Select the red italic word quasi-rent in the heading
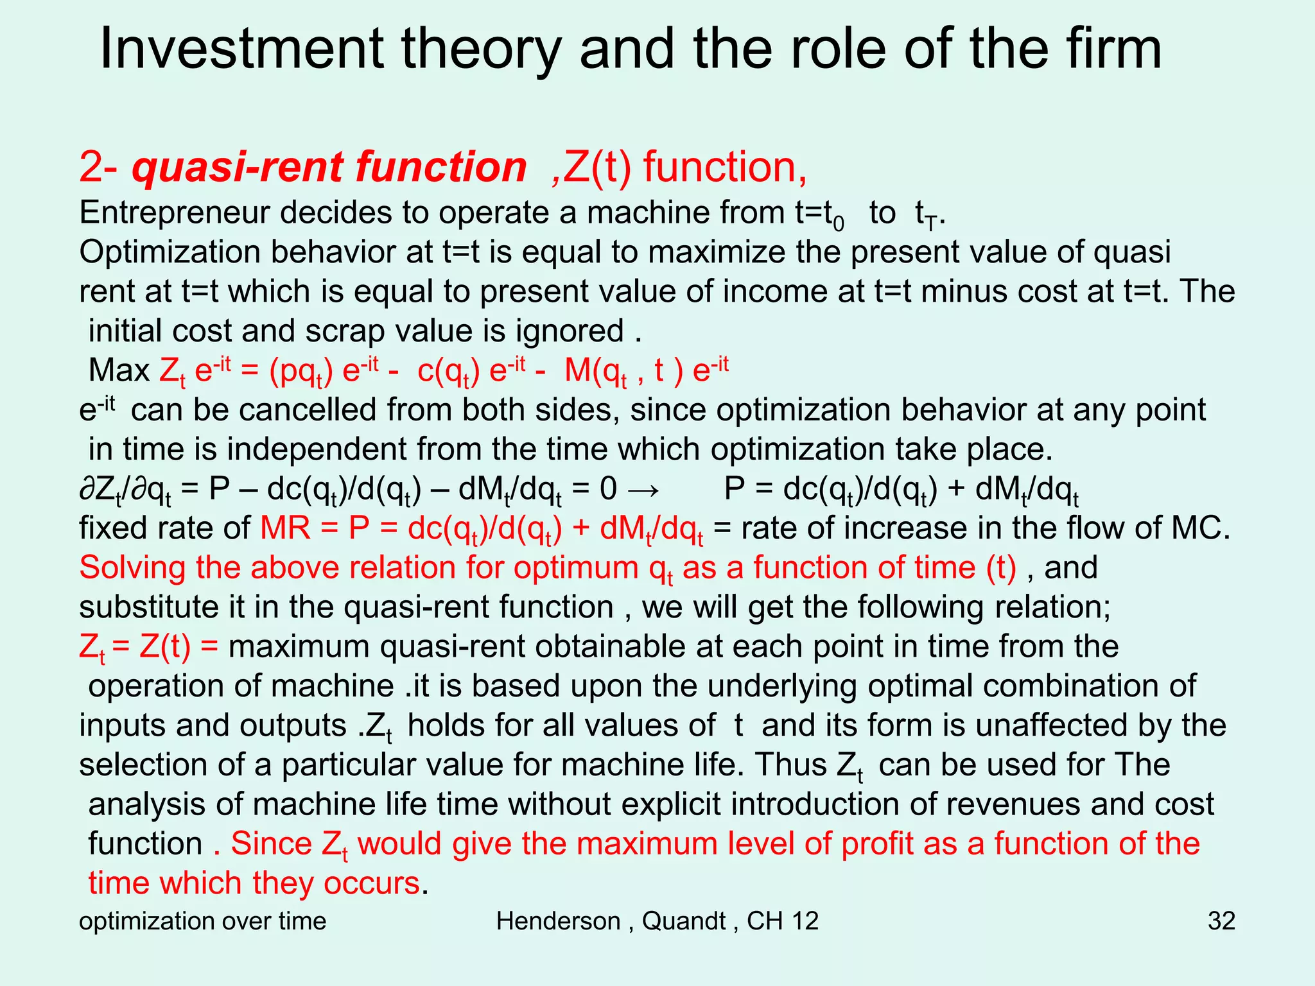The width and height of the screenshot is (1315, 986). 239,167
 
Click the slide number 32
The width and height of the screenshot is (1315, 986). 1221,921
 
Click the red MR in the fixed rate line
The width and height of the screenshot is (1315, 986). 285,529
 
